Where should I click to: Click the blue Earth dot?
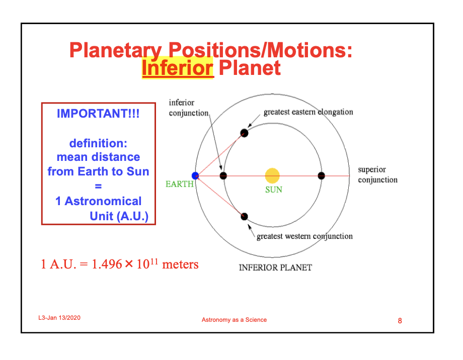pyautogui.click(x=195, y=176)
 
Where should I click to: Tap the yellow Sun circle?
pyautogui.click(x=272, y=176)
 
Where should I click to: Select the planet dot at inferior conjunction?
pyautogui.click(x=223, y=176)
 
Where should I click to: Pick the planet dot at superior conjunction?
pyautogui.click(x=321, y=176)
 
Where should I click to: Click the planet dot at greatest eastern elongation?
pyautogui.click(x=244, y=133)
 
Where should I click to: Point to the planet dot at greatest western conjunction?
pyautogui.click(x=244, y=217)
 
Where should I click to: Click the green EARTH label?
pyautogui.click(x=180, y=184)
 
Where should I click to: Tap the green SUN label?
pyautogui.click(x=274, y=190)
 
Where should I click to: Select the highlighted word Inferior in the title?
pyautogui.click(x=178, y=68)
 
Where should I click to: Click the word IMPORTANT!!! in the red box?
pyautogui.click(x=98, y=114)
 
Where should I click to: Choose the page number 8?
pyautogui.click(x=400, y=321)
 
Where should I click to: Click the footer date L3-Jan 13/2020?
pyautogui.click(x=59, y=318)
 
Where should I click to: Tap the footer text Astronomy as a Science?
pyautogui.click(x=234, y=320)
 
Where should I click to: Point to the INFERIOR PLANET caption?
pyautogui.click(x=275, y=267)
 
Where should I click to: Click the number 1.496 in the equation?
pyautogui.click(x=107, y=264)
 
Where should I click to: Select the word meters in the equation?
pyautogui.click(x=180, y=264)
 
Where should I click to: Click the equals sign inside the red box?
pyautogui.click(x=98, y=186)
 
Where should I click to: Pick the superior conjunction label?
pyautogui.click(x=377, y=174)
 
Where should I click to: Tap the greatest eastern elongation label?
pyautogui.click(x=308, y=112)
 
